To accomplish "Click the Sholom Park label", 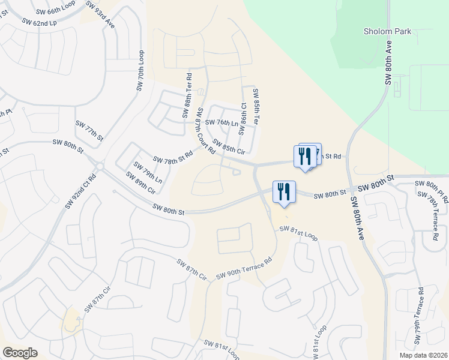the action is (387, 31).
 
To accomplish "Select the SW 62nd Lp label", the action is (40, 23).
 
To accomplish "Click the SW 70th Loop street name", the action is (142, 70).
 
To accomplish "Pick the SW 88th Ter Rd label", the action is (187, 96).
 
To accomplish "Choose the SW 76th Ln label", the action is (221, 122).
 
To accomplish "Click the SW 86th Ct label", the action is (243, 118).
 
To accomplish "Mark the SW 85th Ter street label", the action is (256, 107).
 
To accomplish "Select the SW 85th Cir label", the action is (229, 146).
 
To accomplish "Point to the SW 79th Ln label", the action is (148, 173).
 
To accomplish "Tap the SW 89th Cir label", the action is (140, 182).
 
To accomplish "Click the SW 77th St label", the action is (89, 131).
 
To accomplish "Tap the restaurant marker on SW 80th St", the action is (285, 192).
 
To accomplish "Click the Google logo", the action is (20, 353).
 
